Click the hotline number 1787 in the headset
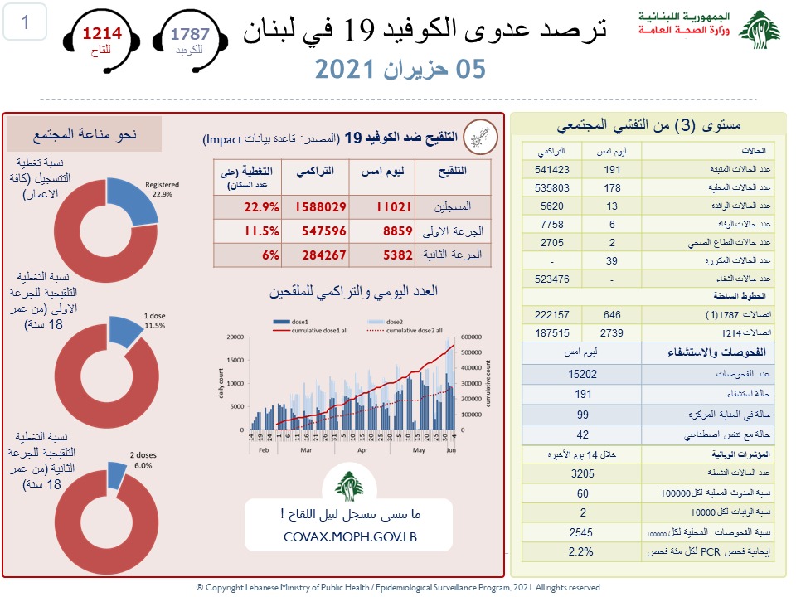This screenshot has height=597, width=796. coord(190,34)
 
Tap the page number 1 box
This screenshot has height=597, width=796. coord(26,22)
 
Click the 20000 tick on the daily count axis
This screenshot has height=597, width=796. coord(235,337)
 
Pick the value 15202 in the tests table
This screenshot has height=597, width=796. coord(584,374)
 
